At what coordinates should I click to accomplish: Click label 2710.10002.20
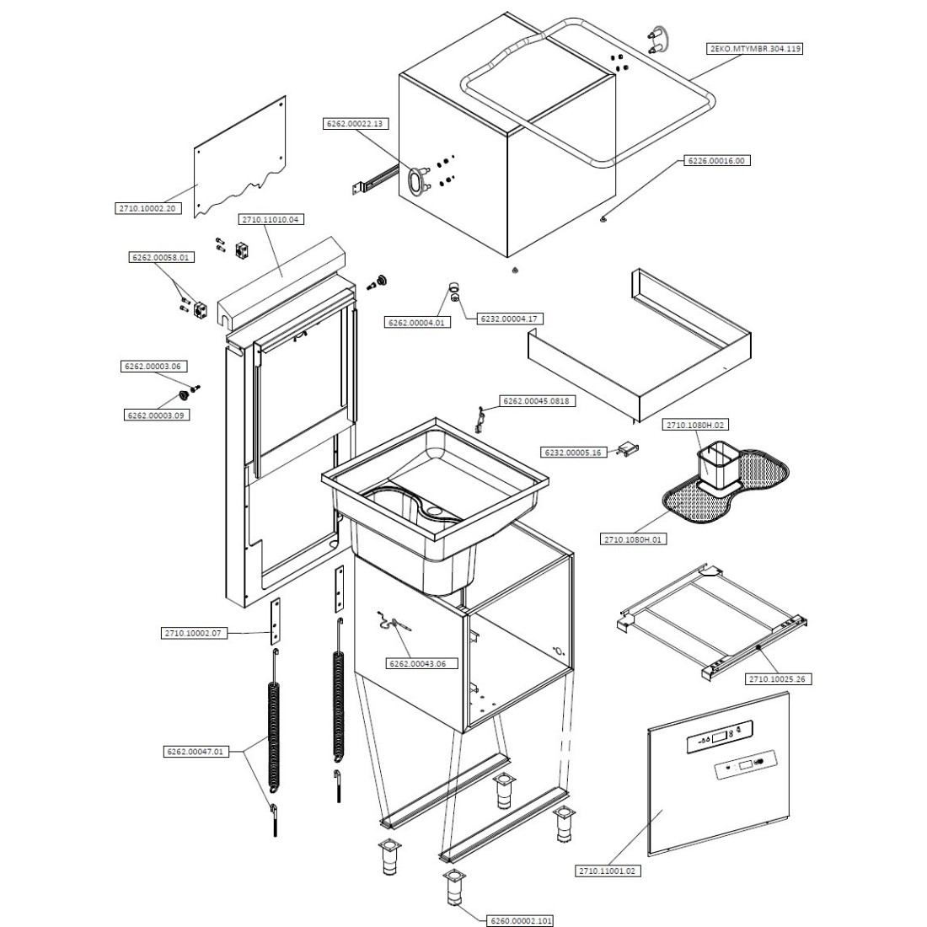point(147,208)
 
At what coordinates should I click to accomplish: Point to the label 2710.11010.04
point(271,219)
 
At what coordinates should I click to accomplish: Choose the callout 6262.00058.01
point(160,257)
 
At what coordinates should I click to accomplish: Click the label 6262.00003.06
point(153,367)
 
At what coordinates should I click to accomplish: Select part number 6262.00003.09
point(156,415)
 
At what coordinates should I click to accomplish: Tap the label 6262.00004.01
point(418,322)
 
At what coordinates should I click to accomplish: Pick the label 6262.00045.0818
point(539,401)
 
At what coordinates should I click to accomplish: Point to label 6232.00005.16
point(572,453)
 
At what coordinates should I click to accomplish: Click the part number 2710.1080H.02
point(695,425)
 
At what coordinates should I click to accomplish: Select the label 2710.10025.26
point(779,678)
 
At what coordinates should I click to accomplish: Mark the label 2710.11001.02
point(609,871)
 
